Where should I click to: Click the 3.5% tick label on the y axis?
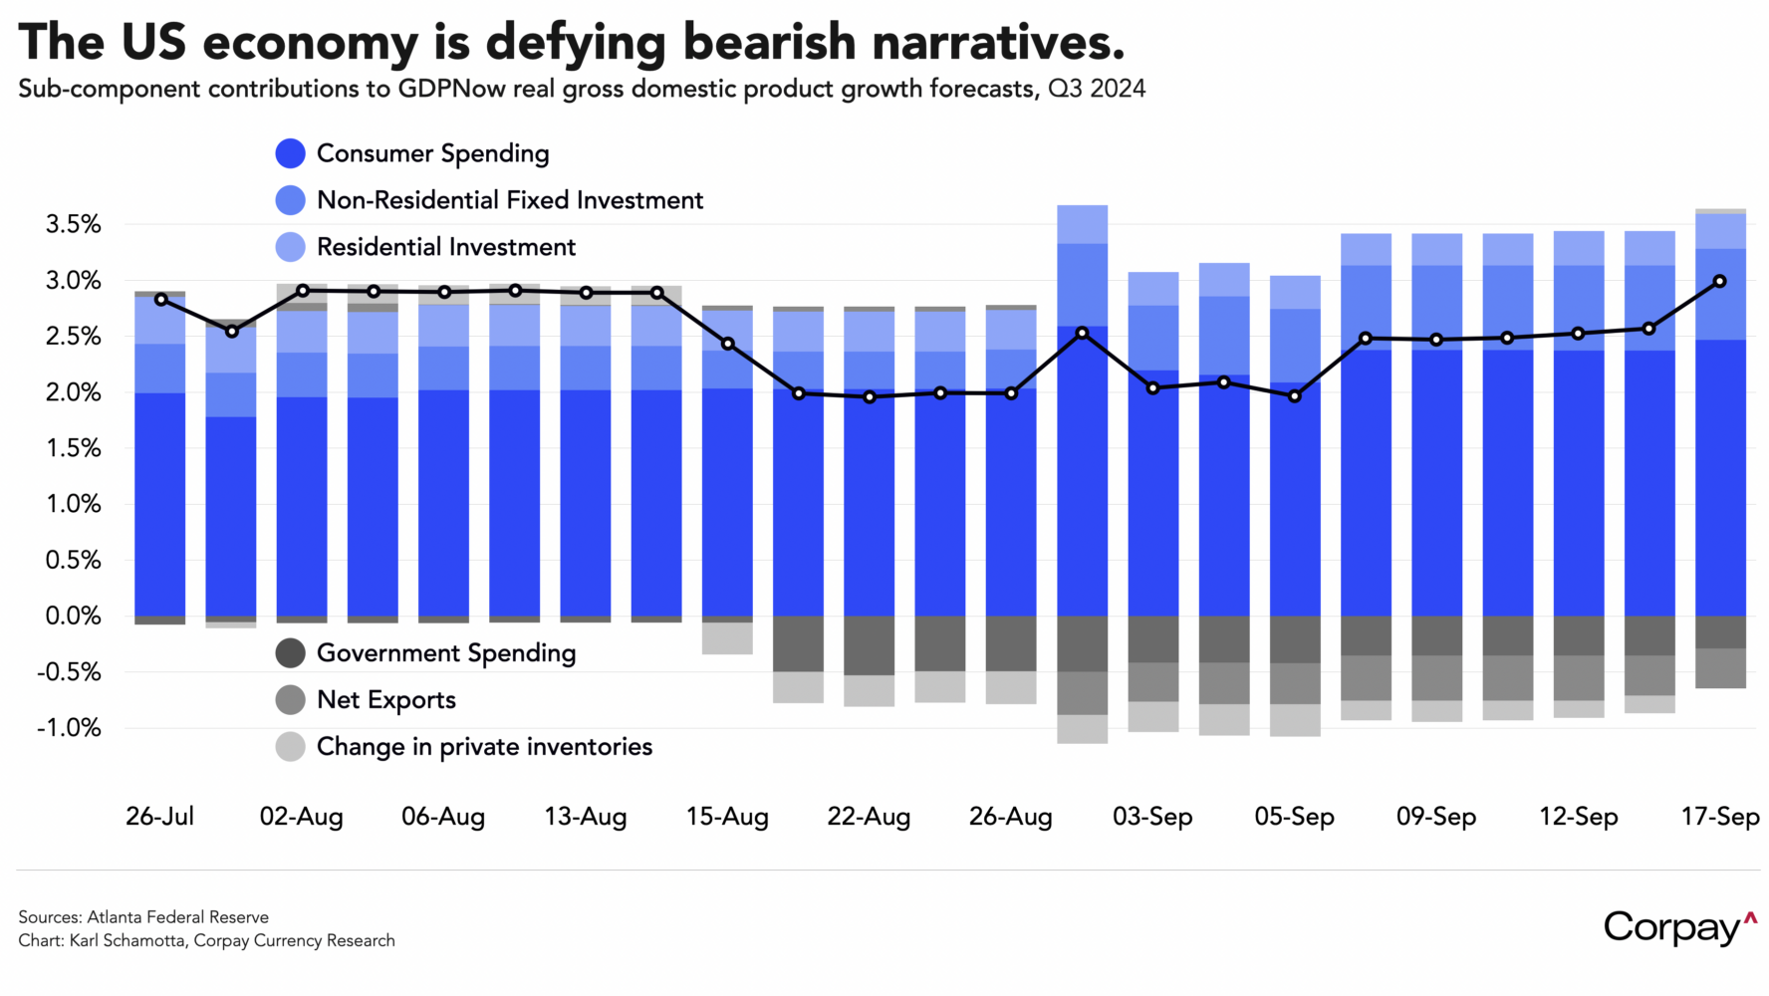point(73,225)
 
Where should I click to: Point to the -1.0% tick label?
point(69,728)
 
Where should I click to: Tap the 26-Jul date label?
point(159,817)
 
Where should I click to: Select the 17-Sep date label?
point(1720,817)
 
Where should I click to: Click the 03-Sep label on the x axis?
point(1152,817)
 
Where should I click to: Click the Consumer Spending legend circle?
point(290,153)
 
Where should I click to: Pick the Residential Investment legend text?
point(446,247)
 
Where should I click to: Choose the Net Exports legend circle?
point(290,700)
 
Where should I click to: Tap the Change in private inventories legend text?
point(484,747)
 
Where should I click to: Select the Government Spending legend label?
point(446,653)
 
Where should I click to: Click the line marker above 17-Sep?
point(1719,282)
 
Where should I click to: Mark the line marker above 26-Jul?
point(160,299)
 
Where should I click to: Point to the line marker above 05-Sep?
point(1295,395)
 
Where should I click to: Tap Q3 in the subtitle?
point(1065,89)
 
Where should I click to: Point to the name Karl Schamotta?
point(127,941)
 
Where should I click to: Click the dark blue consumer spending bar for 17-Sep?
point(1720,478)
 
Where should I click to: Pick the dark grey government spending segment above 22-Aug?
point(869,645)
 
